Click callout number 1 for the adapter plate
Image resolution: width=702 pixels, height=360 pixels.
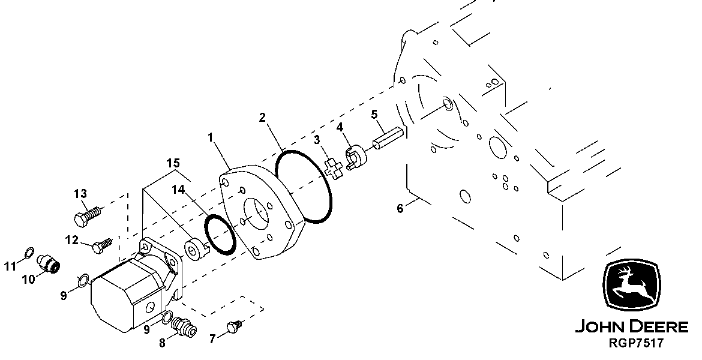tap(211, 137)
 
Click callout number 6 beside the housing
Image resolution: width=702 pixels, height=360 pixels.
tap(400, 209)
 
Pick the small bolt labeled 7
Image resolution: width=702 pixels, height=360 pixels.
tap(233, 328)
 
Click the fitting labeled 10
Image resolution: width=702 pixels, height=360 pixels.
tap(48, 263)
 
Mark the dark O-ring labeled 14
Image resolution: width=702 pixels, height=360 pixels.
tap(219, 235)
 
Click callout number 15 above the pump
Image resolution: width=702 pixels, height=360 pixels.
tap(173, 163)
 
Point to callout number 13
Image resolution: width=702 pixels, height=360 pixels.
tap(80, 193)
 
